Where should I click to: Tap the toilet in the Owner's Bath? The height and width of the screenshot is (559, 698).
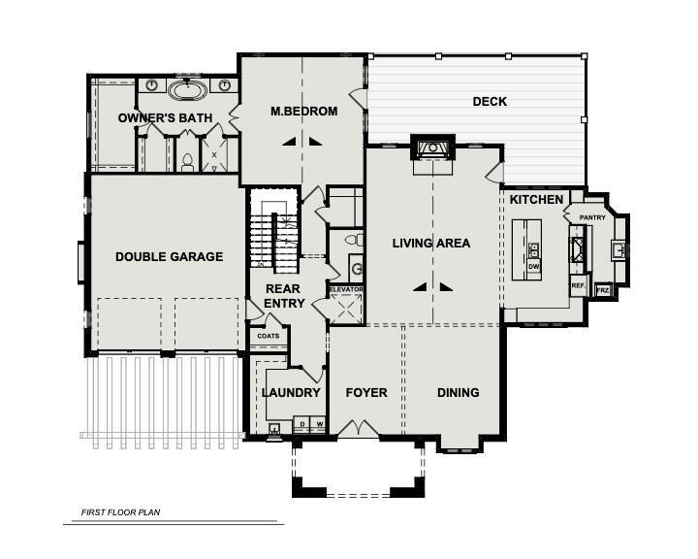(x=187, y=160)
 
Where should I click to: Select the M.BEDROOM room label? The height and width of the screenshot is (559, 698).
(x=303, y=112)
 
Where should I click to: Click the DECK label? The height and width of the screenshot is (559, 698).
(x=490, y=101)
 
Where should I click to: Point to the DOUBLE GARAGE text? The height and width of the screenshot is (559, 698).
(x=169, y=257)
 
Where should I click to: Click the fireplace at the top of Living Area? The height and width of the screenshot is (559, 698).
(x=431, y=148)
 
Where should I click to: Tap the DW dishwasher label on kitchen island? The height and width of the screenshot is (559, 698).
(x=533, y=264)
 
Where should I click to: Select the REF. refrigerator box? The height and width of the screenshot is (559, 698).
(x=578, y=285)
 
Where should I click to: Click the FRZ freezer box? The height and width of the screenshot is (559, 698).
(x=602, y=290)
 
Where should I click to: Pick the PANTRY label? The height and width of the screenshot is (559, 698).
(x=592, y=217)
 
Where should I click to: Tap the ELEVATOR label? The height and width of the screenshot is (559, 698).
(x=345, y=289)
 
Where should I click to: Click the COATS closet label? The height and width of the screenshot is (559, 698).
(x=268, y=336)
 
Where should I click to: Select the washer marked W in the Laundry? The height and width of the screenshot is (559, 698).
(x=318, y=424)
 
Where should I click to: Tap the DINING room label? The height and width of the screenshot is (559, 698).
(x=458, y=393)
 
